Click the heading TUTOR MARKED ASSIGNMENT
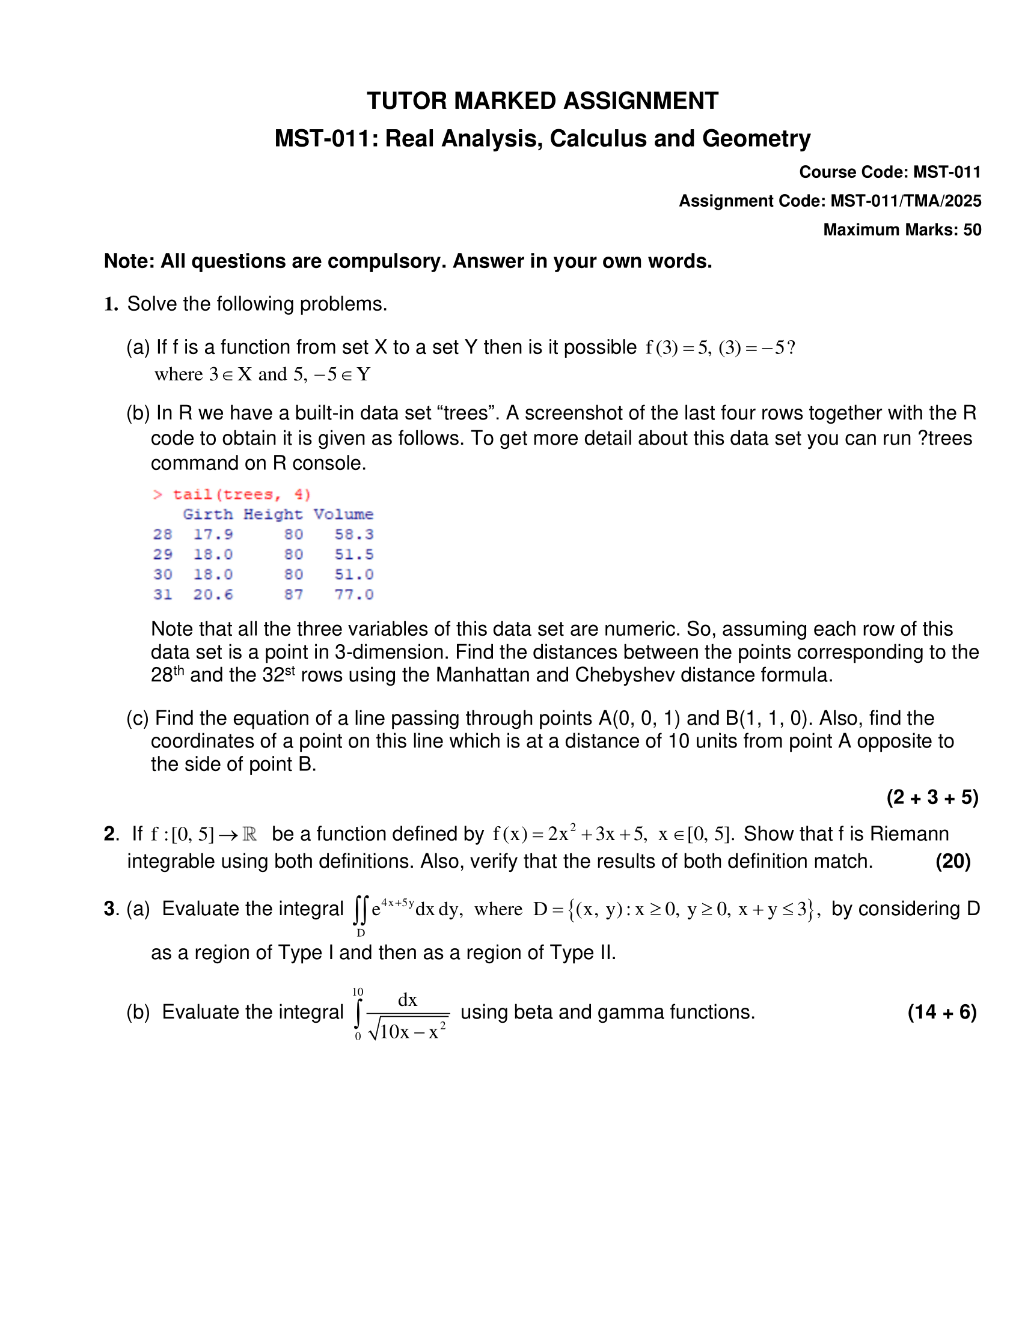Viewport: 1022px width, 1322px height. tap(542, 101)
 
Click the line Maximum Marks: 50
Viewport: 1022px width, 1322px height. tap(902, 230)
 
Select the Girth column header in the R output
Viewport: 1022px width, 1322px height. tap(207, 514)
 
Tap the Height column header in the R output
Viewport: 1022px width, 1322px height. tap(273, 514)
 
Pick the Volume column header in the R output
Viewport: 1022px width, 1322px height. tap(343, 514)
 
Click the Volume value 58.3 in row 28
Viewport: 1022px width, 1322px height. tap(354, 534)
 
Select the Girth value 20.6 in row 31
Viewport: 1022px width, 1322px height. tap(213, 594)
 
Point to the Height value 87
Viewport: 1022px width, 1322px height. tap(293, 594)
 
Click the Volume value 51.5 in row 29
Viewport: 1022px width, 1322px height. tap(354, 555)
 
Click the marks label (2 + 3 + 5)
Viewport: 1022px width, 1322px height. tap(932, 797)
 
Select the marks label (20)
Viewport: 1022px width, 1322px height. tap(953, 861)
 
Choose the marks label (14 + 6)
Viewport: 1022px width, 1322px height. tap(942, 1012)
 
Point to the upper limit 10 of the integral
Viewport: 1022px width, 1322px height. tap(358, 992)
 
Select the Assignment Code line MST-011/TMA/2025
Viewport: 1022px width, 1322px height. tap(830, 201)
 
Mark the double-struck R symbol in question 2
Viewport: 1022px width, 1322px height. tap(249, 835)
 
